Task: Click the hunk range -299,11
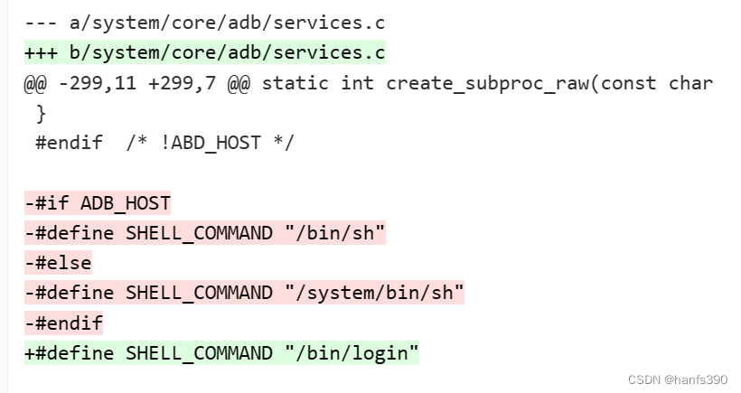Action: [x=91, y=83]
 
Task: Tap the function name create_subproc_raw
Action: [x=487, y=83]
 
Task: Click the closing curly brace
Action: [x=40, y=113]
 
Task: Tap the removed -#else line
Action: [x=58, y=263]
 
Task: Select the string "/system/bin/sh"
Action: [x=374, y=293]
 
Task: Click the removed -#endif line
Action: [x=63, y=323]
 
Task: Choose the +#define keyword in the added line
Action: [x=69, y=352]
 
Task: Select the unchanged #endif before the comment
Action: [x=69, y=143]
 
